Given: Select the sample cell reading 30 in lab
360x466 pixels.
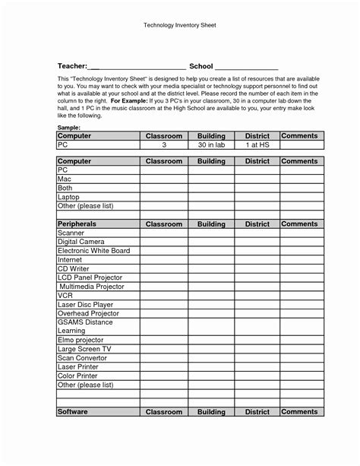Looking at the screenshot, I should (x=210, y=144).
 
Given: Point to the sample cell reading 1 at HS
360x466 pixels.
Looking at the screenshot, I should (x=257, y=144).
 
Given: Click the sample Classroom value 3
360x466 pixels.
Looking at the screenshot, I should (x=164, y=144).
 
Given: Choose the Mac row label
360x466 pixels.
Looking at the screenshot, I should (x=65, y=179).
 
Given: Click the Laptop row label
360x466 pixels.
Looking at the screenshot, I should (x=69, y=197).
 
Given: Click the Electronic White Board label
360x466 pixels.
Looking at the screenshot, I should (x=93, y=251).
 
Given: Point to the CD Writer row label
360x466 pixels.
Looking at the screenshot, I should (x=74, y=268).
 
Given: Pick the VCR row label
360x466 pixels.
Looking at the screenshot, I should (x=65, y=295).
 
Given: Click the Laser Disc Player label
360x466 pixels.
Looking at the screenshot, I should (x=85, y=304).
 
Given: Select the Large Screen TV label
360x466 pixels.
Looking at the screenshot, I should (x=84, y=349).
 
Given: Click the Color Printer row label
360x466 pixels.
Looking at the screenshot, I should (x=78, y=376).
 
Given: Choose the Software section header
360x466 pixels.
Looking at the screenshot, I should (x=74, y=411).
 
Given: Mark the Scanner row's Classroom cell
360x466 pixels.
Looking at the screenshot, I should (x=164, y=233).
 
